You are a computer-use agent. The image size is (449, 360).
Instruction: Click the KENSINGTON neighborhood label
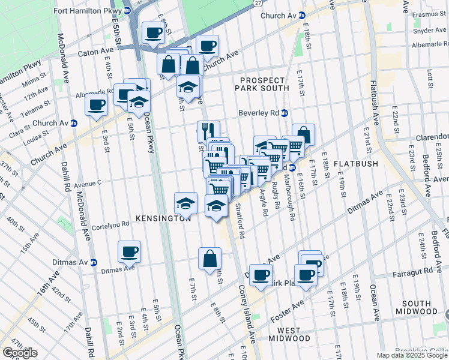click(x=163, y=219)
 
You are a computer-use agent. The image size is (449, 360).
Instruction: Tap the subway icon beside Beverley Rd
click(x=285, y=113)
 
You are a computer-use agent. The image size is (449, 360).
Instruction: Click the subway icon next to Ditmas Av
click(x=93, y=262)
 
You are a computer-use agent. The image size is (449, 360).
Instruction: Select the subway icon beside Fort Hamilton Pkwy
click(x=127, y=11)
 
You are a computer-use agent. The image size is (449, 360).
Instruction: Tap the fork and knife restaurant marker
click(x=208, y=130)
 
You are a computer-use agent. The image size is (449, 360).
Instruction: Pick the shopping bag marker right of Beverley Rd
click(x=303, y=134)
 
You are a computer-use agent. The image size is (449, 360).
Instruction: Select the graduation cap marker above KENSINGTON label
click(x=186, y=202)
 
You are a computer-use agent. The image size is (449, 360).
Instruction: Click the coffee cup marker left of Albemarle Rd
click(x=95, y=106)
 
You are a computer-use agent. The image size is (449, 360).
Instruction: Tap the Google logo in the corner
click(x=20, y=353)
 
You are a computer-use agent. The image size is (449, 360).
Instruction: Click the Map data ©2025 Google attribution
click(x=412, y=355)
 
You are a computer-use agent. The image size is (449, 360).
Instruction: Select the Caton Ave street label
click(x=97, y=53)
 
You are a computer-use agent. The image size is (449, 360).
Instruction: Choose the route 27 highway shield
click(x=258, y=4)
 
